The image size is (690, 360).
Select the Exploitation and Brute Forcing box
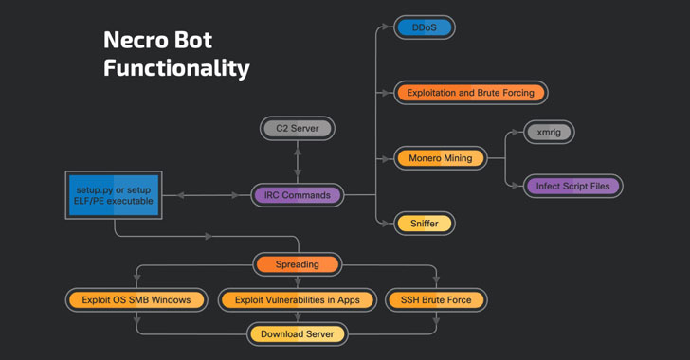pos(470,93)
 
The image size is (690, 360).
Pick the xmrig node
pos(548,133)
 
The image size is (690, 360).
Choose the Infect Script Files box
pos(572,186)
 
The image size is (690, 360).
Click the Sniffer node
pos(425,224)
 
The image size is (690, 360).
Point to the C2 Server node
pos(298,128)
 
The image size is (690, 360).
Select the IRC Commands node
pos(298,195)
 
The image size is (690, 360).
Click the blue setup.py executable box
pos(113,195)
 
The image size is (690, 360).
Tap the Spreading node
pos(298,264)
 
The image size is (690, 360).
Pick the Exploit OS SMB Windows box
pos(136,300)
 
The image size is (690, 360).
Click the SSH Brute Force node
pos(436,300)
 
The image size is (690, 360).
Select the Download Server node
pos(298,333)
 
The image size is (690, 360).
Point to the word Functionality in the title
pos(176,68)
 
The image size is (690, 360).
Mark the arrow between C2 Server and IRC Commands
pos(298,161)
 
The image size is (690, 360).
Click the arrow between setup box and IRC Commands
pos(209,195)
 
